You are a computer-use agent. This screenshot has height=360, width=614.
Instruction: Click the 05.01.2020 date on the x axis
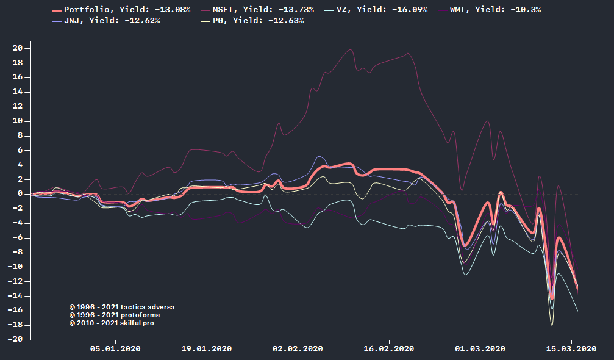coord(115,349)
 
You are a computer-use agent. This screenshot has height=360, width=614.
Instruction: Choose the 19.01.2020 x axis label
coord(207,349)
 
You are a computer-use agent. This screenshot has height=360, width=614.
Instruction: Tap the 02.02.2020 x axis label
coord(298,349)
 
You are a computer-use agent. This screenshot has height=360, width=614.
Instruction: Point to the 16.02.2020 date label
coord(389,349)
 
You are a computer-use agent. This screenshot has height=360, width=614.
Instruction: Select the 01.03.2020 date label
coord(480,349)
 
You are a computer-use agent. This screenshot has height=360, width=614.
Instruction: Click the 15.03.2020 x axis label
coord(571,349)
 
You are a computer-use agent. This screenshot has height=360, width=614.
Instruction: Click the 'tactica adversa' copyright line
coord(122,307)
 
